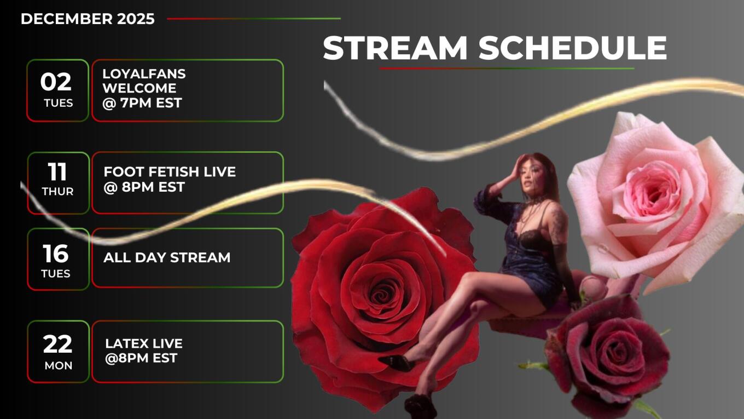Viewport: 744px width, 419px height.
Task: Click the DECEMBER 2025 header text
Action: click(88, 19)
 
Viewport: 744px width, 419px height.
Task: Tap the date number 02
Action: click(56, 82)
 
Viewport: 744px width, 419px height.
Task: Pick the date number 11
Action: click(57, 171)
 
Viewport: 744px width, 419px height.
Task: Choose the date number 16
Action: click(55, 254)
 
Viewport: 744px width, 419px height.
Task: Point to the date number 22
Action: click(57, 345)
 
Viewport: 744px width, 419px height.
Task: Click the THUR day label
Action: click(57, 192)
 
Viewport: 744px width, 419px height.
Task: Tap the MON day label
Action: click(59, 366)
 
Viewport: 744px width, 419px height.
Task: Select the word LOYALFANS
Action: click(144, 74)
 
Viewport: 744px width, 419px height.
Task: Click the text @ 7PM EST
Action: click(142, 103)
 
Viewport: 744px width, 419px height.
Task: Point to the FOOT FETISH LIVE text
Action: click(170, 172)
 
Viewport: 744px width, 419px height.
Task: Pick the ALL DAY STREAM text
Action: click(167, 258)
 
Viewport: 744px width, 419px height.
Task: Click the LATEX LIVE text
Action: click(144, 343)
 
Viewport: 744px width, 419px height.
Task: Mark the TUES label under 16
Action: click(56, 274)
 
